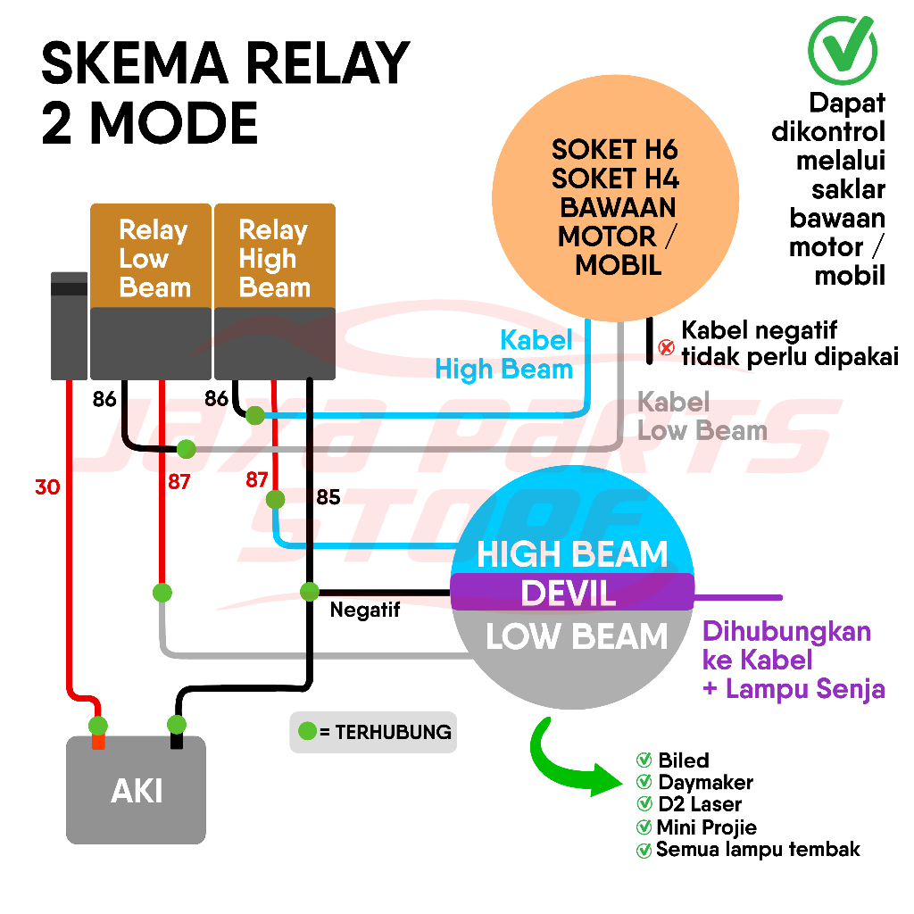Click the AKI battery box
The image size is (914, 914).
137,790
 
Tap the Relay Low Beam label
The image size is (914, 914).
154,259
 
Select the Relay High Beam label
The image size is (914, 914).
274,259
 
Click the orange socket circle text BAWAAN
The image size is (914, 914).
617,207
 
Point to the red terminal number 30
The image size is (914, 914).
47,487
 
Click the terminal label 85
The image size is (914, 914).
328,497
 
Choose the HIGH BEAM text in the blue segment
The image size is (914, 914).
572,554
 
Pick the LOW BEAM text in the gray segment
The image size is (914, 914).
577,636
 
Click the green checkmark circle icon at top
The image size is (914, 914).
841,44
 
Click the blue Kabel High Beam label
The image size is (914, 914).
504,354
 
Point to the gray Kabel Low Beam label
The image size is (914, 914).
702,417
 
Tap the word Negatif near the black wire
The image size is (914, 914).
365,611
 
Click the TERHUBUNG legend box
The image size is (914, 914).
373,732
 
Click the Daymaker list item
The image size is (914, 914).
705,783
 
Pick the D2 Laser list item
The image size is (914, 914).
699,805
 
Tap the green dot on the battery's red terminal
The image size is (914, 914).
98,725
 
